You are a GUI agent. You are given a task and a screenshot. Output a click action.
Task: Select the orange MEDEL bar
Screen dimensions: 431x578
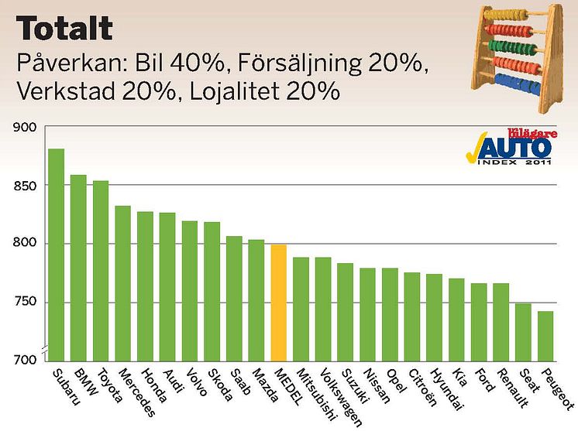pos(279,302)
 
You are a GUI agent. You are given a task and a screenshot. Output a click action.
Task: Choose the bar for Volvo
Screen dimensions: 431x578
pos(190,290)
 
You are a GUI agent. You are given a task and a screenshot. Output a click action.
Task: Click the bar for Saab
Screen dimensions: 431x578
pos(234,298)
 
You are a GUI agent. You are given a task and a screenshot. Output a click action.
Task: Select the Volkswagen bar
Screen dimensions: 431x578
pos(323,308)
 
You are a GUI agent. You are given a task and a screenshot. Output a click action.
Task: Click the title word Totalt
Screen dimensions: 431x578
pos(66,29)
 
